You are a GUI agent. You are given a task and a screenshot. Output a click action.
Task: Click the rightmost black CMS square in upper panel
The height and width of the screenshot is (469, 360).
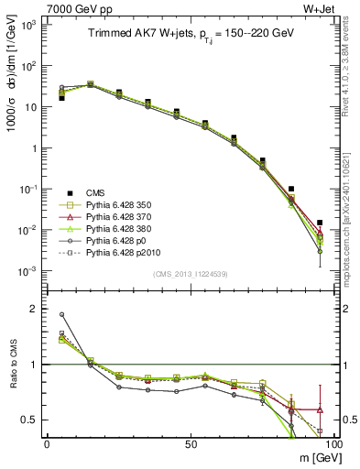320,223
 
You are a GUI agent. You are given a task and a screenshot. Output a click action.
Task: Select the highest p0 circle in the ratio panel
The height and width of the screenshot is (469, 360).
62,314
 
